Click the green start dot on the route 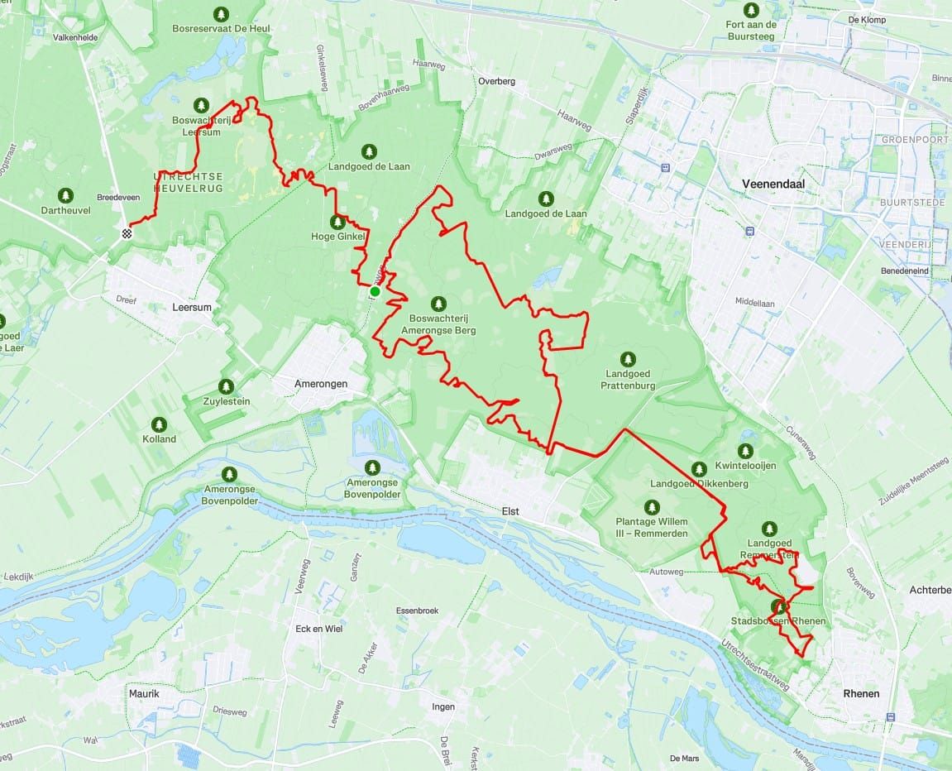point(375,291)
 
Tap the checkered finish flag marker point(127,233)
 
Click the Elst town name point(510,511)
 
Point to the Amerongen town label point(321,384)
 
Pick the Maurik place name point(144,693)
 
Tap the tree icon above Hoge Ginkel point(337,222)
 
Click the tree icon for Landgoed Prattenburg point(629,359)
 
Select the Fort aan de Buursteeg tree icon point(751,10)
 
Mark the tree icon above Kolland point(159,422)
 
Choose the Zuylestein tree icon point(226,386)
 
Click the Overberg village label point(496,81)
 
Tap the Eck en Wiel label point(318,628)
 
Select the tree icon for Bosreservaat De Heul point(221,13)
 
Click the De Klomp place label point(867,20)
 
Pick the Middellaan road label point(755,304)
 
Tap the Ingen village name point(443,706)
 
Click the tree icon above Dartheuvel point(65,195)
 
